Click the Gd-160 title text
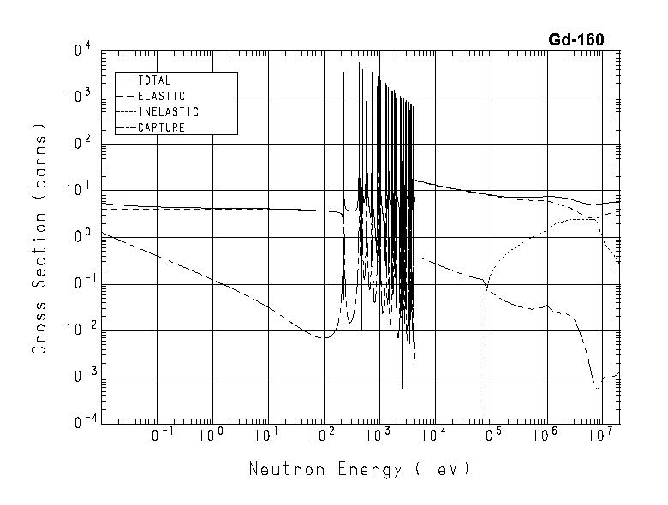point(576,39)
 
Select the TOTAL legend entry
point(154,80)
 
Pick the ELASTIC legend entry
point(161,96)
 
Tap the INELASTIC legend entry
point(168,111)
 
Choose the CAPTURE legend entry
point(161,128)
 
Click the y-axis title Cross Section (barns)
point(39,237)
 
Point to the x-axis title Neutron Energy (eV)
point(359,469)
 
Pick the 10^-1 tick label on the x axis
point(157,436)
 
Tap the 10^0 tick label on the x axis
point(211,436)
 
